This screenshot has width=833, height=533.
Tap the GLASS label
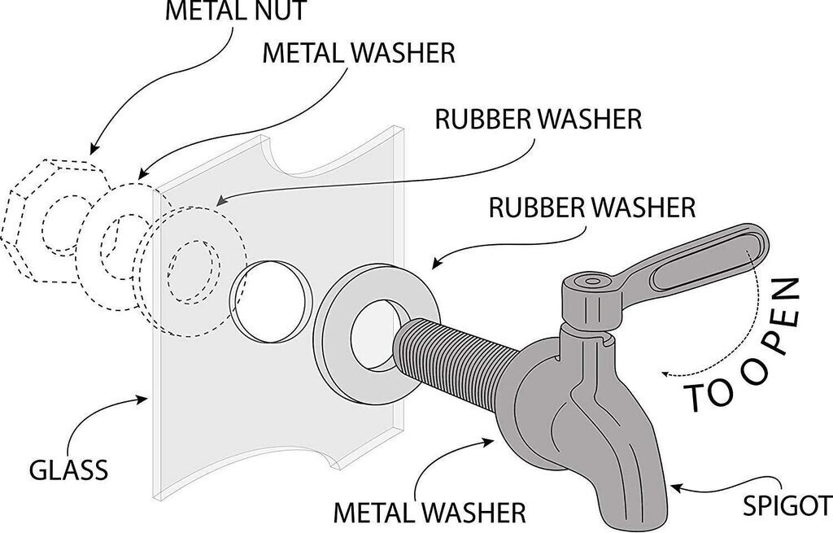[x=68, y=470]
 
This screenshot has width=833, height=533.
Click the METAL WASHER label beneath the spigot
[x=430, y=513]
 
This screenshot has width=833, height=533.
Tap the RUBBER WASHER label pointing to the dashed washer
[x=539, y=118]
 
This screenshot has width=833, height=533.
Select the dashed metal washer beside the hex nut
[x=114, y=240]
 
